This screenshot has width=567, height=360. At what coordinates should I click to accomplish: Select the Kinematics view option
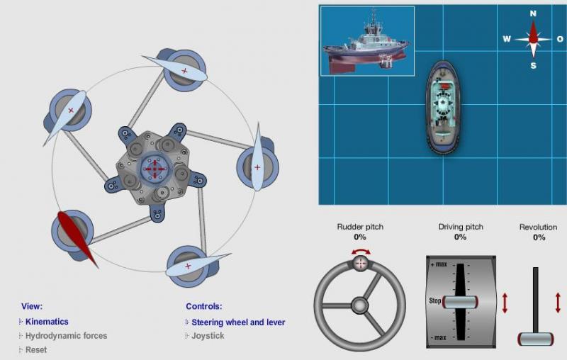click(47, 322)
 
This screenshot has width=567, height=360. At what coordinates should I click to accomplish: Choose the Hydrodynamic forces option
click(66, 336)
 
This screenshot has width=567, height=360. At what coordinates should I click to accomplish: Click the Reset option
click(36, 350)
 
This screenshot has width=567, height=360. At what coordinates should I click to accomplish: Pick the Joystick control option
click(208, 336)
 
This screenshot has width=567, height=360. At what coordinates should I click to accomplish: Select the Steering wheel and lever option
click(238, 322)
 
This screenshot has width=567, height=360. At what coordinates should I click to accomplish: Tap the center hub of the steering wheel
click(359, 305)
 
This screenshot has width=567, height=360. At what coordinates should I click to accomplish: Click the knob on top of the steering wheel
click(361, 264)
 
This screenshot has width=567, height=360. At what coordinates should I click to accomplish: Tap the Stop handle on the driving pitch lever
click(460, 302)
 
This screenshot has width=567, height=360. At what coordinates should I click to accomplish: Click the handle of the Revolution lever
click(536, 339)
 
